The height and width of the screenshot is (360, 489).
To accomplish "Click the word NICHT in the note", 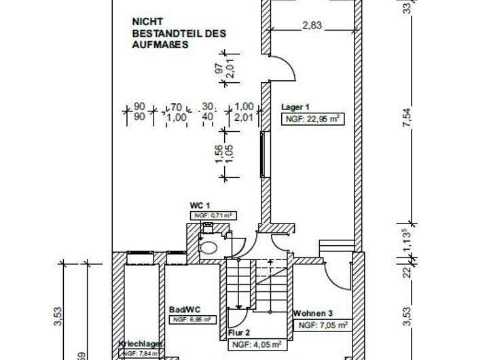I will (x=146, y=22).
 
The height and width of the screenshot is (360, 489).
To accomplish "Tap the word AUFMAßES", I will (x=160, y=44).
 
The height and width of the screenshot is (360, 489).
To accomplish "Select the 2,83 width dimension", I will (x=312, y=26).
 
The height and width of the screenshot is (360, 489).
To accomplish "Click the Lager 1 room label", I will (x=295, y=107).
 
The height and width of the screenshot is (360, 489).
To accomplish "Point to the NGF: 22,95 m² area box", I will (x=311, y=119).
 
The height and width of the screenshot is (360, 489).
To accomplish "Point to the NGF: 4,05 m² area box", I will (x=256, y=345).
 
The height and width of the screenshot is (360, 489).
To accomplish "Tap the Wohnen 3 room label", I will (x=313, y=314).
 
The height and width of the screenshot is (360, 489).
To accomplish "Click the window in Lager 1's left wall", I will (x=263, y=156).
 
